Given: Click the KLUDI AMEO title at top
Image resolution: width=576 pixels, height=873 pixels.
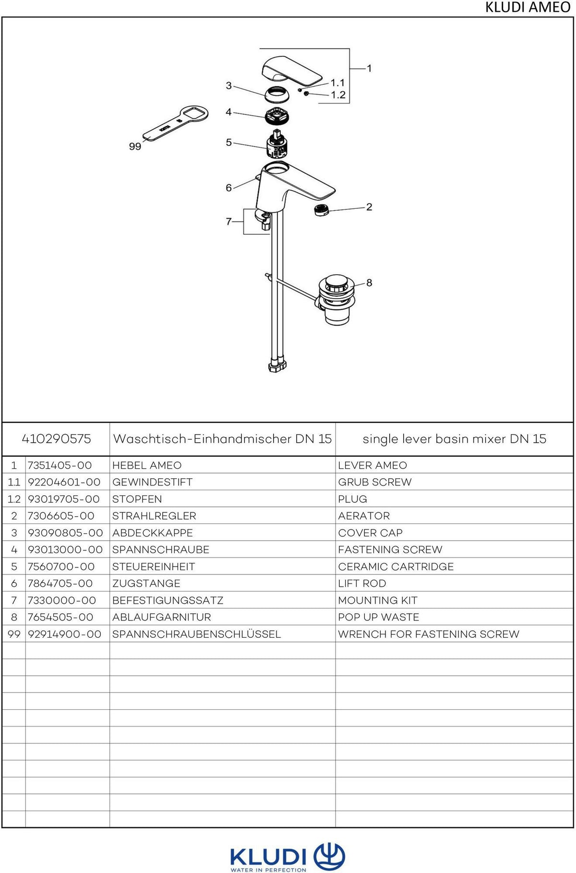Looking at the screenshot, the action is pos(528,7).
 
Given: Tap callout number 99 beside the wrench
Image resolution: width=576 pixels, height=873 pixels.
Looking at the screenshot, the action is pos(135,146).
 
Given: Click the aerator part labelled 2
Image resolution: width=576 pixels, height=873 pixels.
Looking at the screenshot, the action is pos(321,209).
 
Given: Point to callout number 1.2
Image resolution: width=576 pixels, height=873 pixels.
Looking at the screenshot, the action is pos(338,95).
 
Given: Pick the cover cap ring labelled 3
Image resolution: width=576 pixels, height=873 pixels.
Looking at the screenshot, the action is pos(277,94).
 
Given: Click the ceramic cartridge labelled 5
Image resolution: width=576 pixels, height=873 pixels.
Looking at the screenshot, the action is pos(276,144).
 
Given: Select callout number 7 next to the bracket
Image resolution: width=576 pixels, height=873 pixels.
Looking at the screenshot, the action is pos(228,221).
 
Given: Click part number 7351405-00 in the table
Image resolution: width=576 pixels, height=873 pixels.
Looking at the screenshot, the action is pos(60,465).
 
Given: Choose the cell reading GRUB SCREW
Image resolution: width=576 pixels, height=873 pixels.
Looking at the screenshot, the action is pos(375,482).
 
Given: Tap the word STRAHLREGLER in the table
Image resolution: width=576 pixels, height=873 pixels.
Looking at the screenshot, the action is pos(154,516).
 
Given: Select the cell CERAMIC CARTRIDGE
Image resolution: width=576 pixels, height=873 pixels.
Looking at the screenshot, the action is pos(396,567).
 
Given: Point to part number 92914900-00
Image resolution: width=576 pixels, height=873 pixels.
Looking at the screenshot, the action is pos(64,634).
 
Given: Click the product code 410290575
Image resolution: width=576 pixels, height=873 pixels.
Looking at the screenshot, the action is pos(56,438).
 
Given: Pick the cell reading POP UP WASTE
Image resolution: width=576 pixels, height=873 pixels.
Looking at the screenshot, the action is pos(379,617).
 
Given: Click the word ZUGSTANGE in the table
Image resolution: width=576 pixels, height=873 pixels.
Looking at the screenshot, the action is pos(146,583).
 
